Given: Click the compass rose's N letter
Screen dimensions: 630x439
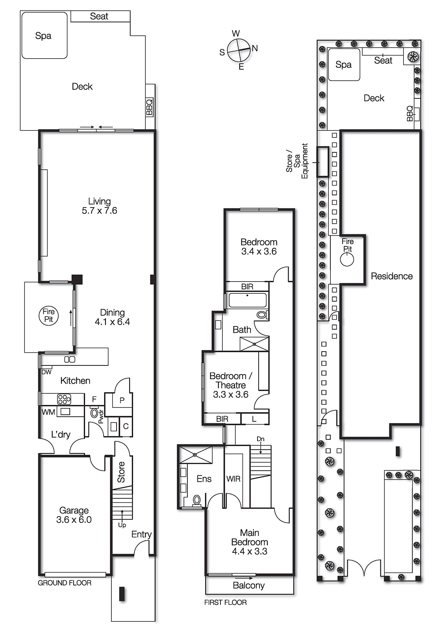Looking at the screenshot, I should pos(255,48).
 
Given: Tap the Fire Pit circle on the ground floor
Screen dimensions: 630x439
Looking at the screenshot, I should pos(48,316).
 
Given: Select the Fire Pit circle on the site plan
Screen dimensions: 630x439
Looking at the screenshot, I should pos(347,259).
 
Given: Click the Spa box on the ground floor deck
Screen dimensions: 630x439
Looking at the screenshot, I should pos(44,35).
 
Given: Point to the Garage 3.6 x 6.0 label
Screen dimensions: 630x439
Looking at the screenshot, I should pos(74,515).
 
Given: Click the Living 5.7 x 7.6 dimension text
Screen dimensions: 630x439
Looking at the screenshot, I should pos(99,211).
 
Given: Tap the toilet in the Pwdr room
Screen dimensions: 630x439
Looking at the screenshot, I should pos(94,413).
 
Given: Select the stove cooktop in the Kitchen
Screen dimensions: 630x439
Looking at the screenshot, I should pos(64,399).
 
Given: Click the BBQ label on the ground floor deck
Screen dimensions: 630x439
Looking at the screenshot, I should pos(149,107).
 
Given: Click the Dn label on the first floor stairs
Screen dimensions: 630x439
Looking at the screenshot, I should pos(260,439).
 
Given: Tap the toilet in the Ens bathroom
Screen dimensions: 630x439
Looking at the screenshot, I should pos(196,500).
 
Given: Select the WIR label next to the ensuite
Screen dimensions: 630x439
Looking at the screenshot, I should pos(233,479).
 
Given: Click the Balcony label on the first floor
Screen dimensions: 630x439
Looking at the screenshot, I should pos(248,586).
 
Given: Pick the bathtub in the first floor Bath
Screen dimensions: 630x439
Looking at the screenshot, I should pos(248,300).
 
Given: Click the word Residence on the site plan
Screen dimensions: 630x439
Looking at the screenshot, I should pos(391,276).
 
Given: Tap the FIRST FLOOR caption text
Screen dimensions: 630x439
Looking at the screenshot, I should pos(225,602).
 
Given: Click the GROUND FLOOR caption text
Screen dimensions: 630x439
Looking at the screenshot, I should pos(65,583).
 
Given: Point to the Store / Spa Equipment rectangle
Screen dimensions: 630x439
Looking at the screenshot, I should pos(323,162).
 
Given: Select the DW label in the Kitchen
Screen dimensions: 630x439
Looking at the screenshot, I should pos(46,372).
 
